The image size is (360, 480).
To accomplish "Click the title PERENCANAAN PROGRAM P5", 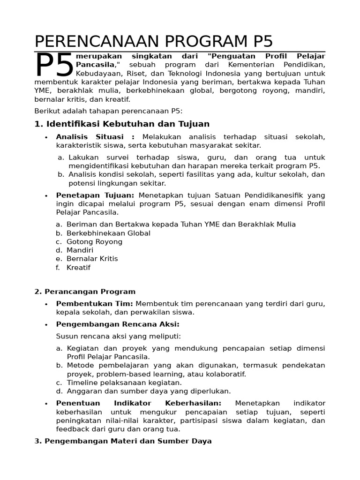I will point(153,41).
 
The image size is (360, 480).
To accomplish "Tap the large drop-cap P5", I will point(54,66).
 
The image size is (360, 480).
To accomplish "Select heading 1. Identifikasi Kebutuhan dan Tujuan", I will point(122,124).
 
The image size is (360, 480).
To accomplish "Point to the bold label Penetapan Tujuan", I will point(95,195).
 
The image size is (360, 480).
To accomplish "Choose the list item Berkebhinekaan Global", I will point(108,233).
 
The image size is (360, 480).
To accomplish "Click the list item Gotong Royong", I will point(94,242).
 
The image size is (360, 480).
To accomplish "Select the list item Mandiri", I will point(80,250).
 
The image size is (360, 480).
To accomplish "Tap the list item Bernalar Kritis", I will point(92,259).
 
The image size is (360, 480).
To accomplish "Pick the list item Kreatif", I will point(78,268).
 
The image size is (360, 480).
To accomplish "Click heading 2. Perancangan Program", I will point(85,292).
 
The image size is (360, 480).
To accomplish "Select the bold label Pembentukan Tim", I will point(95,304).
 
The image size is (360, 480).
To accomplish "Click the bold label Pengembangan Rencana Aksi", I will point(118,324).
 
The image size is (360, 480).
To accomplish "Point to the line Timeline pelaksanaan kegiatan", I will point(124,382).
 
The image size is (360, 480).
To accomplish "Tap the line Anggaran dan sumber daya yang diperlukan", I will point(149,391).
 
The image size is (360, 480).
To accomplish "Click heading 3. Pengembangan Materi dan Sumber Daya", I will point(123,441).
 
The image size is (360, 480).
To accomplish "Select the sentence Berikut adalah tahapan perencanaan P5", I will point(108,111).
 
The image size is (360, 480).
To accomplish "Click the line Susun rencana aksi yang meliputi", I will point(118,336).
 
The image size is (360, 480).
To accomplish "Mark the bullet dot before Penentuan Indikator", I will point(46,404).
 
